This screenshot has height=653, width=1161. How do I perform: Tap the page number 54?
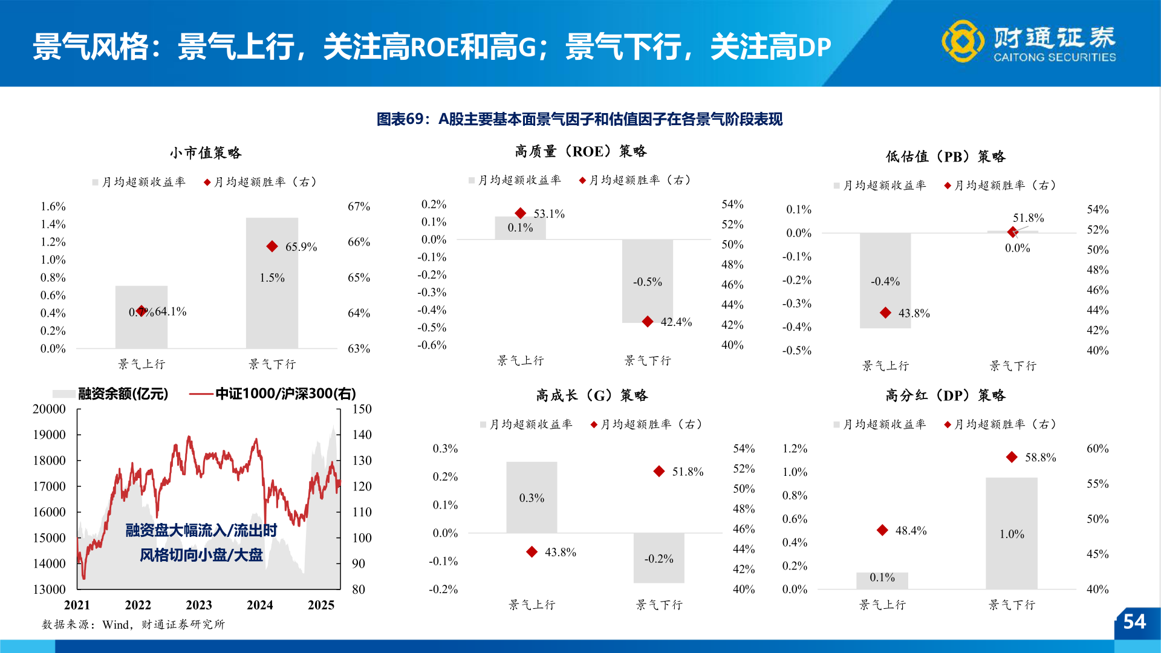click(1134, 622)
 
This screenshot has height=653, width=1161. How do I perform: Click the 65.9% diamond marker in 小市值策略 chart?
click(272, 246)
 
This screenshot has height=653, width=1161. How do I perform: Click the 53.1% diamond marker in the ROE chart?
click(521, 213)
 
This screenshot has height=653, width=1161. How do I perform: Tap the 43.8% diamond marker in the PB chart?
click(886, 313)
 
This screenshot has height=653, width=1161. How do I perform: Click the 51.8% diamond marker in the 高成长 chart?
click(659, 472)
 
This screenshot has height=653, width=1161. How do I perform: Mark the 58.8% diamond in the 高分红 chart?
click(1012, 457)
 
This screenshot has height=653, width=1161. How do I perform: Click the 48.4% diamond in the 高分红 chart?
click(883, 530)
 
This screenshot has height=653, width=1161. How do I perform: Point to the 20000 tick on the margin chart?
click(50, 409)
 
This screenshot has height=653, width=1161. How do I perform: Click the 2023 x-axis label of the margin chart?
click(199, 605)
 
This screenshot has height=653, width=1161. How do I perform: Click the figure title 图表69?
click(579, 119)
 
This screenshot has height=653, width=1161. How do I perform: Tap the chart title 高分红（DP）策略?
click(945, 395)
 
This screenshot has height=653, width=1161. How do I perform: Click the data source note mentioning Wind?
click(134, 625)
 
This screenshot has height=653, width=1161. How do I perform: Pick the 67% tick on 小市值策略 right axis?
click(359, 207)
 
